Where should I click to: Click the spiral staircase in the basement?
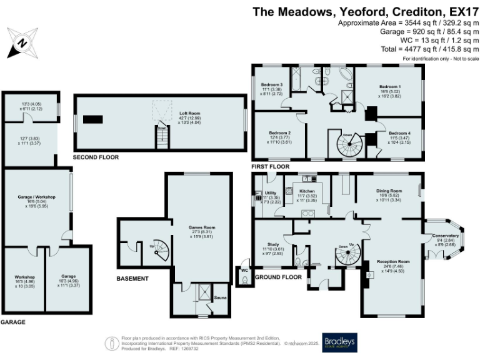click(161, 251)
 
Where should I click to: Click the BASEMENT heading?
click(133, 278)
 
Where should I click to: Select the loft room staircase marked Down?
click(162, 136)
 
